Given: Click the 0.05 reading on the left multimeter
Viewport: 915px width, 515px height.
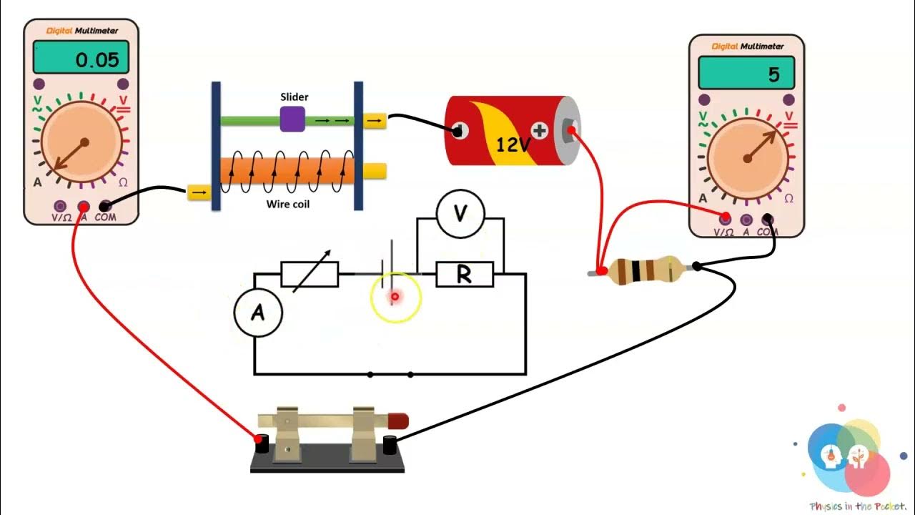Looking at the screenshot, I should pos(97,60).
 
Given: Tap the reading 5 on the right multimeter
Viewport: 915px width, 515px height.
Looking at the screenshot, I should pos(773,75).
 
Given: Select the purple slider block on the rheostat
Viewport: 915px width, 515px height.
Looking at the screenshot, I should pos(292,119).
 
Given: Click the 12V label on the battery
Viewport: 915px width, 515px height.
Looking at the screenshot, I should pos(513,145).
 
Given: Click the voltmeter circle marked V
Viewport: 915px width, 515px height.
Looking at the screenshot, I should pos(460,213).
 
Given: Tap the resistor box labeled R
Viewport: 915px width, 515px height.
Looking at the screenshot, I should pos(464,275).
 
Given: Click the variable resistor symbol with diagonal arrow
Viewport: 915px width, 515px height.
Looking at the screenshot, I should pos(310,273).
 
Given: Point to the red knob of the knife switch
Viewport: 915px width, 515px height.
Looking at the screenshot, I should pos(399,421).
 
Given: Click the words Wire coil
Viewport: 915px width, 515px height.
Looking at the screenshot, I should pos(288,204).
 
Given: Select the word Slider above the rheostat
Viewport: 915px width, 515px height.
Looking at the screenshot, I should pos(294,97).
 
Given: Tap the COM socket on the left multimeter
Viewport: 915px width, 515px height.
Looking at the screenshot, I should pos(105,206).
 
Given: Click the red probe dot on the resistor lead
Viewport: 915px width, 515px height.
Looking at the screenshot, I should pos(602,270).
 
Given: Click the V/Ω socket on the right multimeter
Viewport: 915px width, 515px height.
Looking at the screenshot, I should pos(726,217).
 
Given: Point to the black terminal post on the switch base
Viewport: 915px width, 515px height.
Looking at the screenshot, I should pos(390,444).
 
